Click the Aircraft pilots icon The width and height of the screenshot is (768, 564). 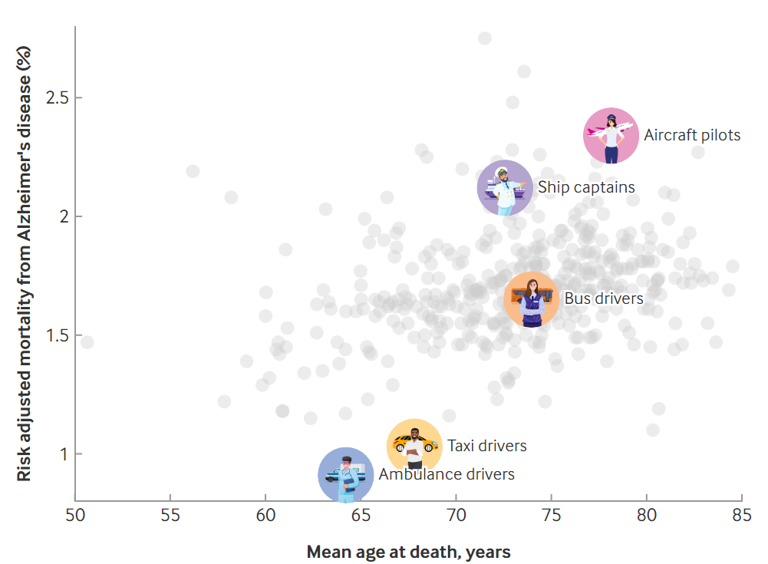[611, 135]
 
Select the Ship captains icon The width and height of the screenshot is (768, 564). [505, 188]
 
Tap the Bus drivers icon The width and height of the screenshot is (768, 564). [532, 299]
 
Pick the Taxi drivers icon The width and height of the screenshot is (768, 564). [414, 444]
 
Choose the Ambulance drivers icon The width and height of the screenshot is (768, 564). [346, 475]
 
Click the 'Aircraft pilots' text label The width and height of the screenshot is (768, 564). [692, 135]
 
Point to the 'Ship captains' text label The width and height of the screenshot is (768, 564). [586, 187]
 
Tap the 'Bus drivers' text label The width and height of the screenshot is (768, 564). [604, 298]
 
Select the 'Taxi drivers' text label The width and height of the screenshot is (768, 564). [487, 446]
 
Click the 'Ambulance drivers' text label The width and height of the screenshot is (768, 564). [447, 474]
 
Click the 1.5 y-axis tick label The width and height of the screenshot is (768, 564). [58, 335]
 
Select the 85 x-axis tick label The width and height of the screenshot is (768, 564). [742, 516]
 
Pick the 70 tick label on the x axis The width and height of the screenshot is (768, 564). [456, 516]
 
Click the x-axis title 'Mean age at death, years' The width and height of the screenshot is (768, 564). [408, 552]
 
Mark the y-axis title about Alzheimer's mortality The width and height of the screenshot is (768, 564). [24, 264]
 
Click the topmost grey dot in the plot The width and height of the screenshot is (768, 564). [485, 38]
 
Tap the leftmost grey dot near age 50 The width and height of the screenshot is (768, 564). [87, 342]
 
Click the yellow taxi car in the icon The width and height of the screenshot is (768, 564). [415, 443]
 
